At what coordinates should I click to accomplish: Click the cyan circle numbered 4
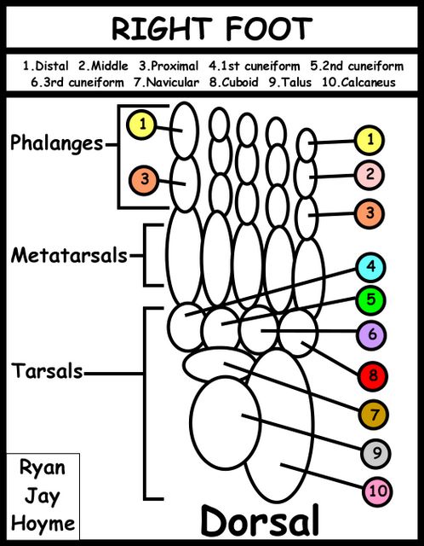click(x=371, y=267)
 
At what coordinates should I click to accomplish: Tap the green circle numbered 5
click(x=371, y=300)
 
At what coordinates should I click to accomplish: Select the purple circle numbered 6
click(x=371, y=334)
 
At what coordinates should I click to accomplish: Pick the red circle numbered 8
click(x=372, y=375)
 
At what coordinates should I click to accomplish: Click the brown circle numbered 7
click(x=374, y=415)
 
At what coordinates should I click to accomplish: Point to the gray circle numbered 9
click(x=376, y=454)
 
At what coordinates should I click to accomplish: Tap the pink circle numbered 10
click(x=377, y=491)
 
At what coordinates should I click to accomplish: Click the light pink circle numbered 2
click(x=370, y=175)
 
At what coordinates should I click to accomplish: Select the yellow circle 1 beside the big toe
click(x=141, y=125)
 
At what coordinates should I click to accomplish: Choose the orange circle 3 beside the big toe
click(x=144, y=180)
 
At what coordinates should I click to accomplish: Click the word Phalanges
click(x=57, y=143)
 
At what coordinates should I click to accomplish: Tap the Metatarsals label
click(x=69, y=255)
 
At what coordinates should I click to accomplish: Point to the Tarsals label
click(x=48, y=370)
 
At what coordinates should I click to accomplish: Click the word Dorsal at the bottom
click(x=260, y=521)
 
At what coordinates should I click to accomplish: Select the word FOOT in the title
click(x=269, y=28)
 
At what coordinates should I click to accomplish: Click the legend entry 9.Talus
click(x=290, y=83)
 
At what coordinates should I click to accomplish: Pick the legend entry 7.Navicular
click(x=167, y=83)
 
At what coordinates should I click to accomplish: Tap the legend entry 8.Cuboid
click(x=234, y=83)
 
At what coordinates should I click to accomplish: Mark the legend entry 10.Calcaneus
click(x=358, y=83)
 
